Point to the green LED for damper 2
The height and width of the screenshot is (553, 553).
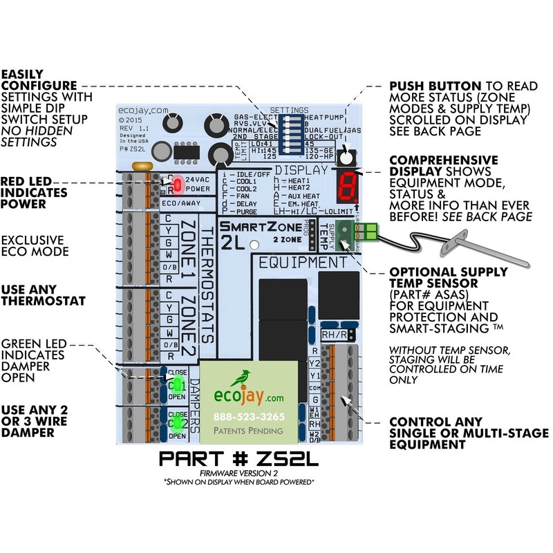coord(176,423)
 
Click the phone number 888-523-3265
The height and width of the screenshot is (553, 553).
coord(248,417)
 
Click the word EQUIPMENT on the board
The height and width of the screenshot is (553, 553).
coord(303,263)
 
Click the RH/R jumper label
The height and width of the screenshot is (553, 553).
coord(335,335)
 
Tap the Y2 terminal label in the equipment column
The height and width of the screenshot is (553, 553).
coord(314,362)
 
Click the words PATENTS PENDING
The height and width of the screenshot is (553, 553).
coord(248,431)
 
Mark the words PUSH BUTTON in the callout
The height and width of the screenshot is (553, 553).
coord(426,86)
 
